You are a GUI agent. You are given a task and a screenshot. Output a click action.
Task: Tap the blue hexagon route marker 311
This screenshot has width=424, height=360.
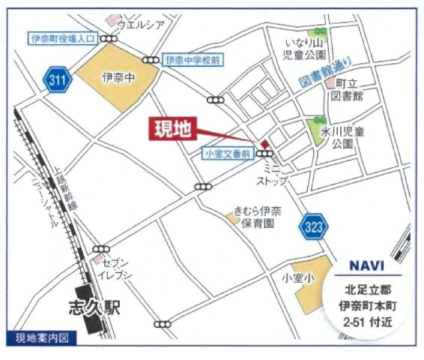tap(56, 78)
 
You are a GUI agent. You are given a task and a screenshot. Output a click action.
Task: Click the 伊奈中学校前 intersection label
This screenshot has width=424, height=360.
tap(193, 59)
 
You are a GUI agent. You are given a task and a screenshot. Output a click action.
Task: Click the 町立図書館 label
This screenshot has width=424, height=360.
tap(349, 91)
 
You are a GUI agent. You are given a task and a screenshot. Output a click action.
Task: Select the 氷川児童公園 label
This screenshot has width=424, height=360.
tap(349, 136)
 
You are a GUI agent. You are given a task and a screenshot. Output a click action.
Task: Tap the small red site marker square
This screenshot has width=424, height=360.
tap(264, 144)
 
